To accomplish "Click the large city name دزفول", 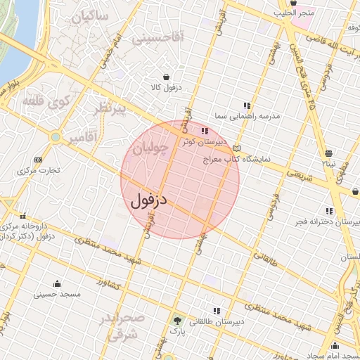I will [x=149, y=199].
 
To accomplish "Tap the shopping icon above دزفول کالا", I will [x=165, y=77].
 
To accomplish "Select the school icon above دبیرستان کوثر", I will [x=205, y=131].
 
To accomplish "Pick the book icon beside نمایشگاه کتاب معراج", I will [x=237, y=148].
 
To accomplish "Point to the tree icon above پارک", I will [x=176, y=320].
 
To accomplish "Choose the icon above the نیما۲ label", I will [x=329, y=153].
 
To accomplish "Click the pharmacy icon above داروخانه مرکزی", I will [x=24, y=216].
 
